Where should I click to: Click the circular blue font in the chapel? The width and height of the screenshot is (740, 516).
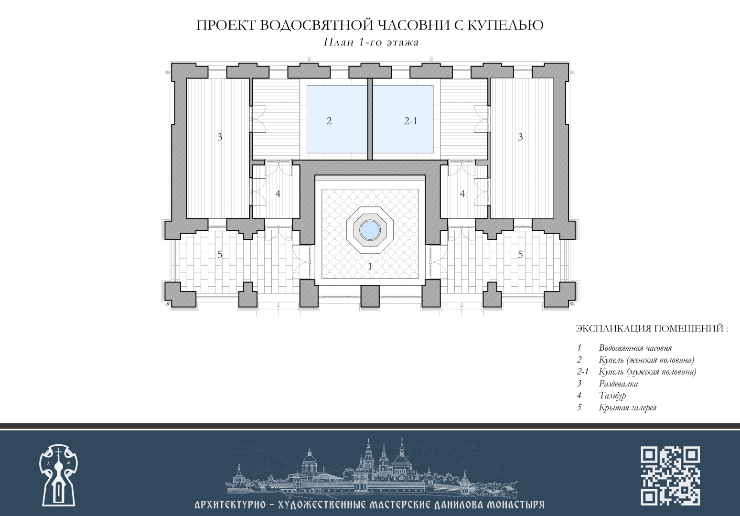pos(370,230)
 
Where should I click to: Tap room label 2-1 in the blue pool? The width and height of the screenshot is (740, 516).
pos(411,121)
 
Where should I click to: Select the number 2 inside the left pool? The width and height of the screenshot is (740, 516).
pos(329,121)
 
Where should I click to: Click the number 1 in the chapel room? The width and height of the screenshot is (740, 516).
pos(370,266)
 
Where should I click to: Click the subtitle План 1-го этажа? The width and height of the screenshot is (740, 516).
pos(371,43)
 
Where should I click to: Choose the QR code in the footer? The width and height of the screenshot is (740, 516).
pos(670,476)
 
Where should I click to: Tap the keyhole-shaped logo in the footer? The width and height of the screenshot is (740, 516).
pos(58,475)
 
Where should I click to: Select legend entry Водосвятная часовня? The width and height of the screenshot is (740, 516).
pos(635,348)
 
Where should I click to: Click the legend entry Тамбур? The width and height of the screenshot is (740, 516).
pos(612,396)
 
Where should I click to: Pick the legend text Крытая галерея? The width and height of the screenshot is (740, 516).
pos(627,408)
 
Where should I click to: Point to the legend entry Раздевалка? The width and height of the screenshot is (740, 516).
pos(618,384)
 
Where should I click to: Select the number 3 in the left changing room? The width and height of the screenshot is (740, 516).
pos(220,137)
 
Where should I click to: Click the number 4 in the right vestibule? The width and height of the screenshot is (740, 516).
pos(462,193)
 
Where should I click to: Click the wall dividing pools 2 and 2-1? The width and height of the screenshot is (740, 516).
pos(370,119)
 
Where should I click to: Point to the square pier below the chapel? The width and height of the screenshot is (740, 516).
pos(370,296)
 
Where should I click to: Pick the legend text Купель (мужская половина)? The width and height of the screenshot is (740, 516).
pos(647,372)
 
